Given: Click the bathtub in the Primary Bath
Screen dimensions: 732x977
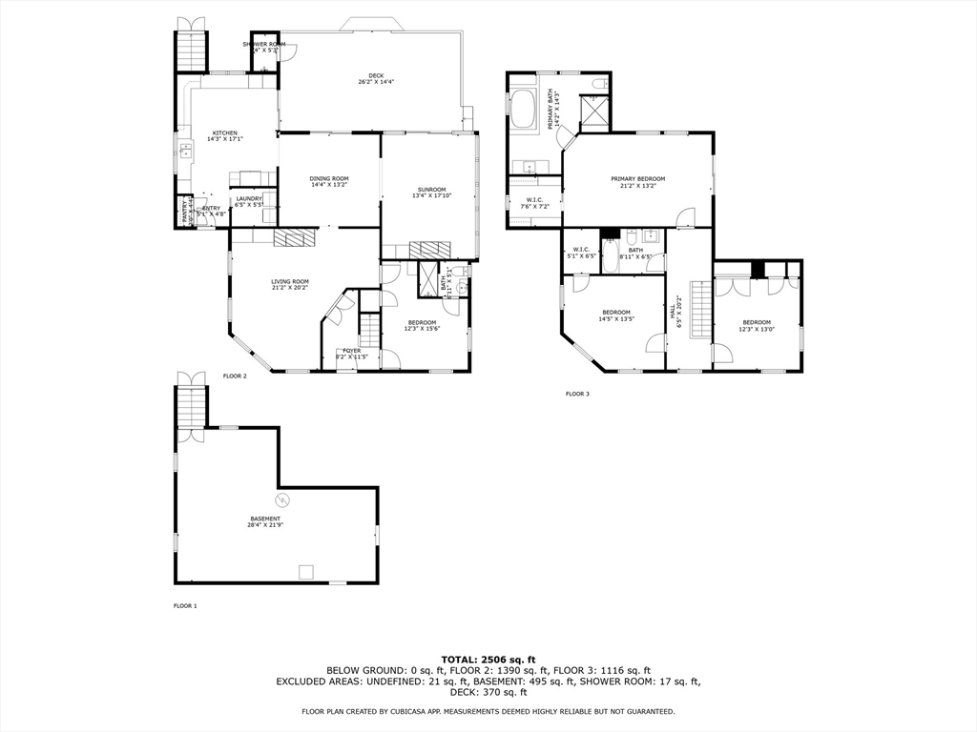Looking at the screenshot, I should coord(524,110).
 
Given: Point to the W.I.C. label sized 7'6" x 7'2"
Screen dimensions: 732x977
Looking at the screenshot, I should coord(534,202).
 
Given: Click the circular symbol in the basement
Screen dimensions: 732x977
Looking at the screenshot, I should coord(282,498).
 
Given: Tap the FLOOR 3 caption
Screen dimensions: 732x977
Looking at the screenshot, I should coord(577,394).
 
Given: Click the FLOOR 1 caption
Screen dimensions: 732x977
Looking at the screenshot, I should coord(184,605).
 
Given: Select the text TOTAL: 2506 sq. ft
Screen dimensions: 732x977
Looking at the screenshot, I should coord(488,659).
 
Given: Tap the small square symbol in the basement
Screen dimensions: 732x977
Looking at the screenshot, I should coord(305,572).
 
